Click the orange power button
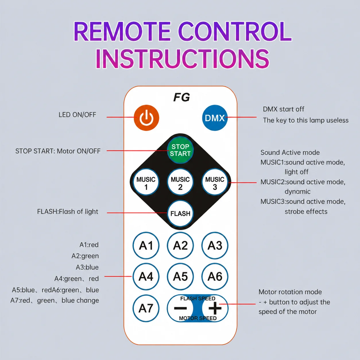tap(146, 118)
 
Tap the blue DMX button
tap(215, 118)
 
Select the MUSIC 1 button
tap(146, 182)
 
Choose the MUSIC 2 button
tap(180, 182)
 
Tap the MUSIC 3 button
tap(215, 182)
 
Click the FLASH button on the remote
tap(180, 214)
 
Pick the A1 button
tap(146, 245)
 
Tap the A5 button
tap(180, 276)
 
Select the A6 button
tap(215, 276)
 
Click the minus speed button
tap(180, 308)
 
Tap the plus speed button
tap(215, 308)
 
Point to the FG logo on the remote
tap(182, 97)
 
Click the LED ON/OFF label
tap(77, 115)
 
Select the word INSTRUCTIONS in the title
tap(182, 59)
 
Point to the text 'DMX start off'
tap(283, 109)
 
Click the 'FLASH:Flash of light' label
tap(68, 212)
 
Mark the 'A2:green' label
tap(85, 256)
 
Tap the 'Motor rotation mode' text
tap(290, 292)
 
